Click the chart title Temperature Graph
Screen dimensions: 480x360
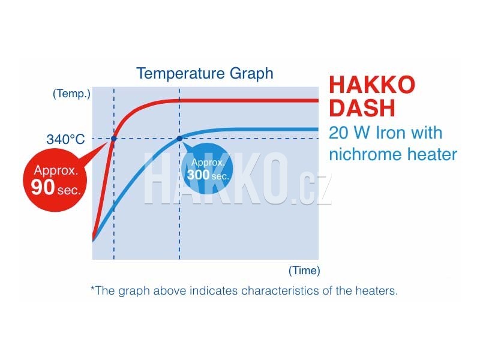(205, 73)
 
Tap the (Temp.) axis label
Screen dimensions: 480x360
(71, 94)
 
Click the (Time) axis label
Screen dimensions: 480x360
(304, 271)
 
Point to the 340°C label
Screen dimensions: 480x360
(65, 139)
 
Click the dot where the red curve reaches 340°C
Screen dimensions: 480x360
(114, 139)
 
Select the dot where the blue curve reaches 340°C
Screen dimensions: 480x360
(179, 139)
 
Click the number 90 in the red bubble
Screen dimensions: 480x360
(43, 187)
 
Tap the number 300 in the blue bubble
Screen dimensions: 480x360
(198, 175)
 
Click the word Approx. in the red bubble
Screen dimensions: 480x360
(56, 170)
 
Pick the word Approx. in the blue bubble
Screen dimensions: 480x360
(208, 162)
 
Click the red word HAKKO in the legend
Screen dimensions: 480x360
(372, 85)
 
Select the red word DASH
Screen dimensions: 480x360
(362, 108)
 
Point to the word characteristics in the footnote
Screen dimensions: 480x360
(280, 290)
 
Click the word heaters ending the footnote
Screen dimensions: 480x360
(377, 290)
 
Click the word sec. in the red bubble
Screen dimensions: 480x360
(69, 190)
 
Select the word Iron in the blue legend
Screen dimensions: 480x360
(391, 133)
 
